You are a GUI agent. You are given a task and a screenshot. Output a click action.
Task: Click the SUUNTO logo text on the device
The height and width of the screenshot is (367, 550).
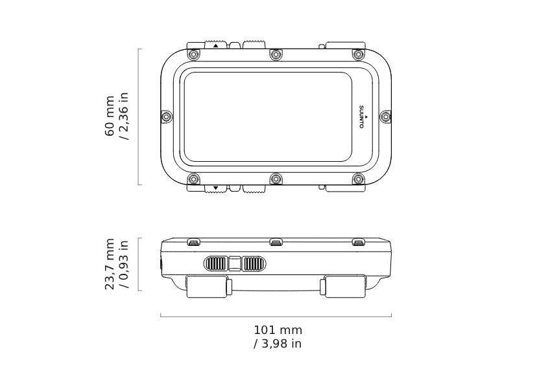coord(362,117)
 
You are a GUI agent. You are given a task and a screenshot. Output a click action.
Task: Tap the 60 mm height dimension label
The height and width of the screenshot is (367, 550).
coord(110,116)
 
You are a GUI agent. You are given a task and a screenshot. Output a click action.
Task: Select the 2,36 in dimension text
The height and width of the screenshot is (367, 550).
coord(124,116)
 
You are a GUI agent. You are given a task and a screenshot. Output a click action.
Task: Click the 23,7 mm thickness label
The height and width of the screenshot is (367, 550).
coord(110,264)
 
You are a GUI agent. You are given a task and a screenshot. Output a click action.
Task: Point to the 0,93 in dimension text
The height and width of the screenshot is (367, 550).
coord(124,264)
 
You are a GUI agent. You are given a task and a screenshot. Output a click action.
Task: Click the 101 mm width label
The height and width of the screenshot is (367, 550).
coord(278,330)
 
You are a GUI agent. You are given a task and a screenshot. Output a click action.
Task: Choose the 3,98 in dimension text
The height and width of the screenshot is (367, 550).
coord(278,344)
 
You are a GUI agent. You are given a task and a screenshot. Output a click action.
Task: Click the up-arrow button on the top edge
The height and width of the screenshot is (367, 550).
coord(216,45)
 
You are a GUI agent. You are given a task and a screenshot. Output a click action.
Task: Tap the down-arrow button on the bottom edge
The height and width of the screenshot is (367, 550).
coord(216,188)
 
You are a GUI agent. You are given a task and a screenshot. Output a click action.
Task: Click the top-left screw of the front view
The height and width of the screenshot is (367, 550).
coord(193,54)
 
